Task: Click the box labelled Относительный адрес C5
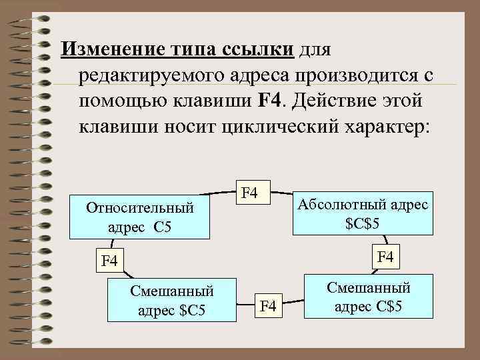click(x=139, y=217)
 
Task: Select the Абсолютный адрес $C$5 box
click(x=363, y=214)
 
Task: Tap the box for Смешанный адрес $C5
click(x=171, y=301)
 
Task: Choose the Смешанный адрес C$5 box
click(x=368, y=297)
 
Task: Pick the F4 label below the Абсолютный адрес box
click(x=386, y=255)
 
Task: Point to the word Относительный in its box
click(x=139, y=208)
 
